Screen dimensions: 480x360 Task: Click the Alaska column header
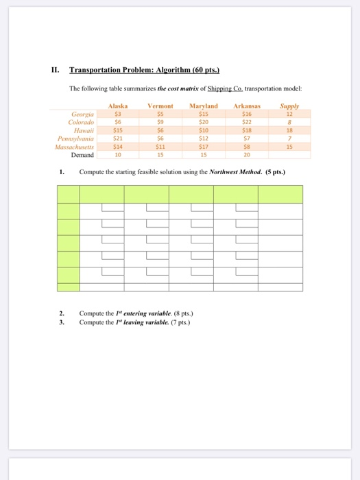[118, 106]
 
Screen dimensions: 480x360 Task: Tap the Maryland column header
[203, 106]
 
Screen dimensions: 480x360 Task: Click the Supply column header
[290, 106]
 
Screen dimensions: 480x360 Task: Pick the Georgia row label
[83, 114]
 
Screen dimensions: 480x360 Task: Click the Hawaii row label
[84, 129]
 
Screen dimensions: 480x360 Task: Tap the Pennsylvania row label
[77, 137]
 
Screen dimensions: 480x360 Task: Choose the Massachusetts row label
[75, 145]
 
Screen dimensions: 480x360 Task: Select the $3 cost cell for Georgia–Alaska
[117, 114]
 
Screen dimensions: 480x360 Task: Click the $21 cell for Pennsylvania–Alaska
[117, 137]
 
